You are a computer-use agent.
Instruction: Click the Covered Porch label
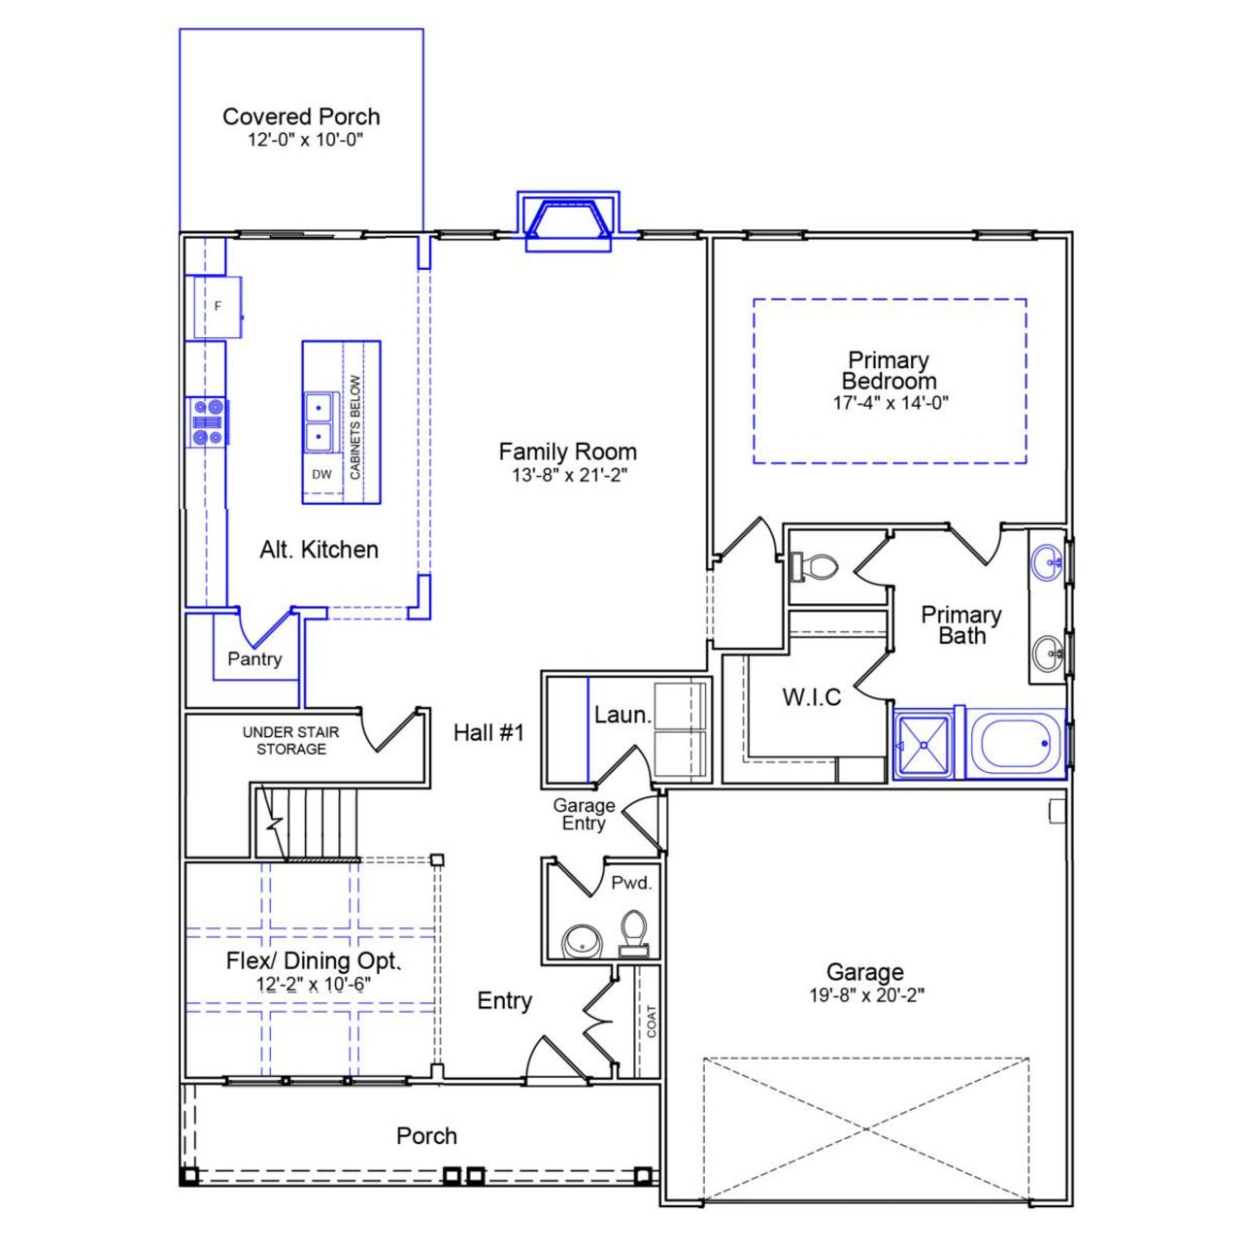click(x=301, y=117)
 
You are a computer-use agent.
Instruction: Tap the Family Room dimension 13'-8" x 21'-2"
click(x=567, y=476)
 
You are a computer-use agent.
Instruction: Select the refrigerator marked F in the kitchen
click(x=218, y=307)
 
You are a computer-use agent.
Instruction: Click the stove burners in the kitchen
click(x=209, y=422)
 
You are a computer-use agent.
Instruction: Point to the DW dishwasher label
click(x=321, y=475)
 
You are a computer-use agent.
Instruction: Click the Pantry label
click(x=254, y=658)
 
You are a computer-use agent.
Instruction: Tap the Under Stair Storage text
click(x=291, y=740)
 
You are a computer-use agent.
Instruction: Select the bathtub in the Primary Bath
click(x=1016, y=744)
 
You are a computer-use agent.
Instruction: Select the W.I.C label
click(x=812, y=697)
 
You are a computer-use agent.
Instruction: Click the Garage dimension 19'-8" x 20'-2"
click(x=866, y=995)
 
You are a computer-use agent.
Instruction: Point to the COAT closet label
click(x=651, y=1021)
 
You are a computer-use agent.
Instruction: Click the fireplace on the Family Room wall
click(x=568, y=221)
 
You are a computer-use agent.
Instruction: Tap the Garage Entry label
click(x=584, y=814)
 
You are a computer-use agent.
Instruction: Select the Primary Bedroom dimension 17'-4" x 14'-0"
click(x=890, y=403)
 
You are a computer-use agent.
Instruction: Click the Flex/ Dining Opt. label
click(x=313, y=960)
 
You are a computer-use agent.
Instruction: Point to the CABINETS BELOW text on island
click(x=355, y=427)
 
